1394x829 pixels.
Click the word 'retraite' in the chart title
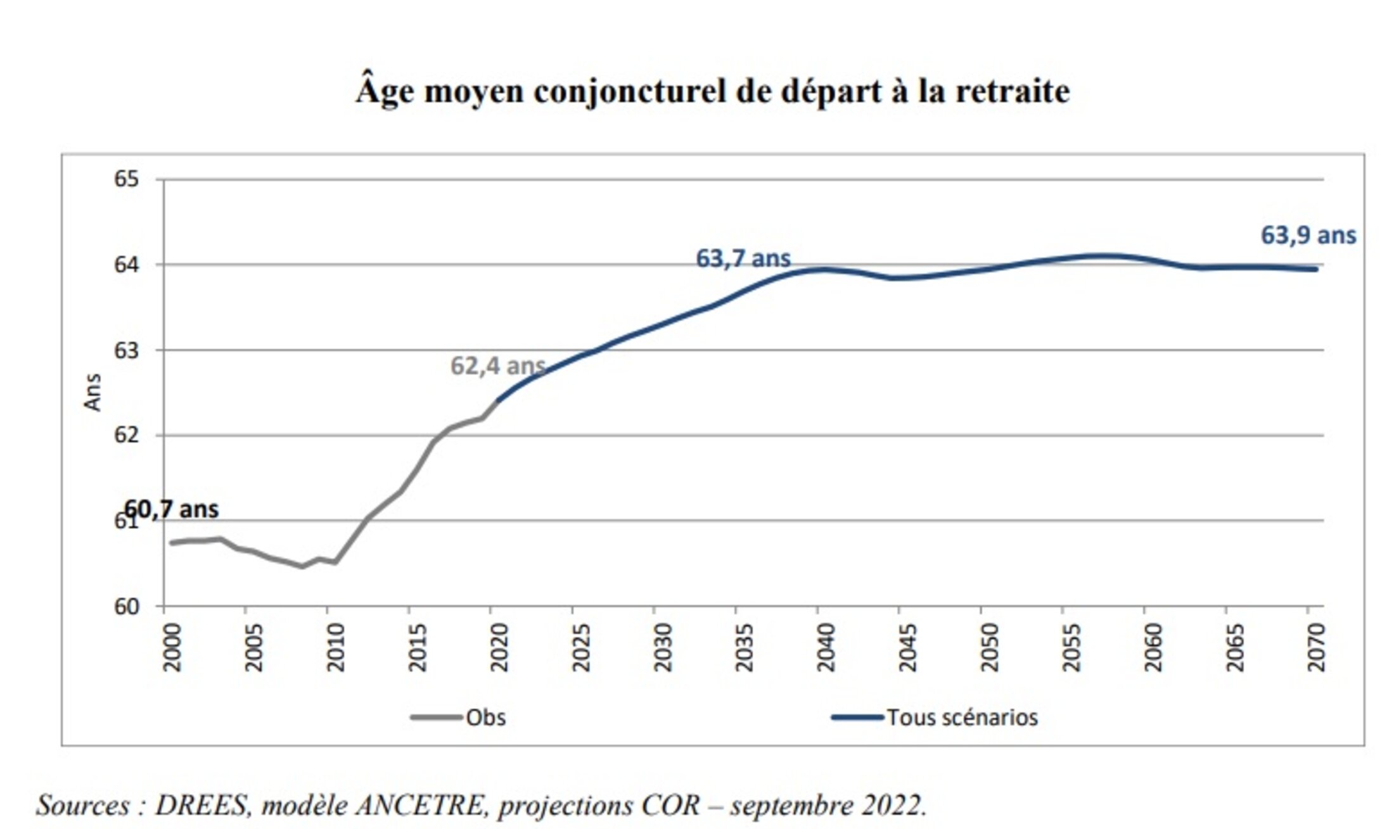1013,92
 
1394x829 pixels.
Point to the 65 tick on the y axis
126,179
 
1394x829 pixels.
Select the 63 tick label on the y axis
126,350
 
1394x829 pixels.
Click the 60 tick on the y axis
126,607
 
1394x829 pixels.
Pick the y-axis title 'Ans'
93,392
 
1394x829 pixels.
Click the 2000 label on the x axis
172,647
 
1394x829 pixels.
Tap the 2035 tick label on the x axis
744,647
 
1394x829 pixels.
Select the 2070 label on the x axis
1316,647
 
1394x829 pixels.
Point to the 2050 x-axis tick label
989,647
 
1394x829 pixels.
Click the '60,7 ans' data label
172,509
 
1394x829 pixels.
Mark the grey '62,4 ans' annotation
498,366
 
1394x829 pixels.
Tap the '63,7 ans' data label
743,258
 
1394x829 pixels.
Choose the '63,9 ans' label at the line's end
1308,236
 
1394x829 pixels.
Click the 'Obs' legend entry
485,718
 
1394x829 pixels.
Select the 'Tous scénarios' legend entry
962,718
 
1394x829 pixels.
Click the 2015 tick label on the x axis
417,647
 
